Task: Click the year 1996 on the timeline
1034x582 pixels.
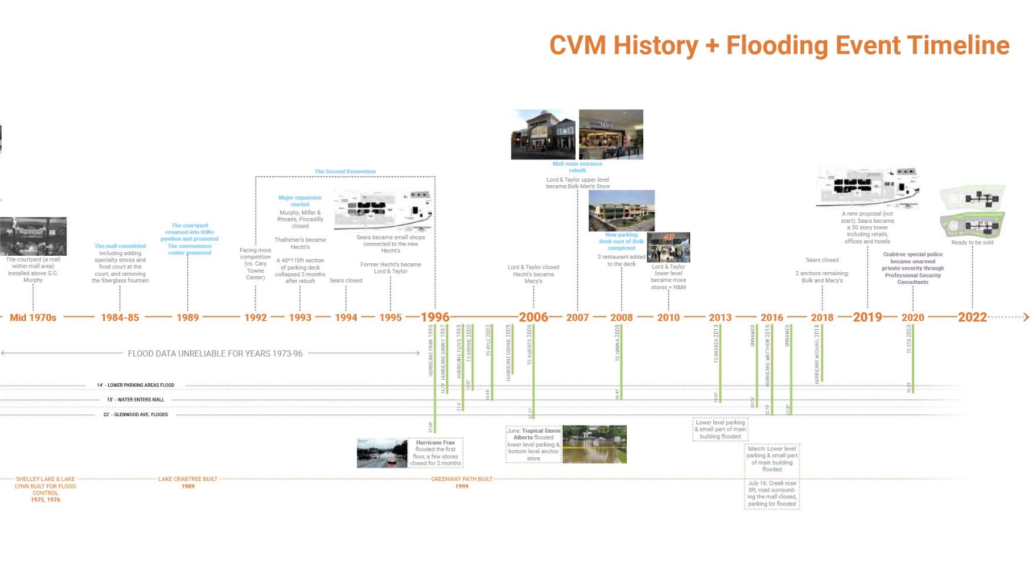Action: (x=435, y=317)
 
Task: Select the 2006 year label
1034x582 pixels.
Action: (x=533, y=317)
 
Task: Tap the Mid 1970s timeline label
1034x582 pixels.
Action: (x=33, y=317)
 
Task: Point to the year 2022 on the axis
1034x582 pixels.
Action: (x=972, y=317)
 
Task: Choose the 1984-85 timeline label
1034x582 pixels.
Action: (x=120, y=317)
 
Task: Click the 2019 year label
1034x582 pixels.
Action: (x=867, y=317)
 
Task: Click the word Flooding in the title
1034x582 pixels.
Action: (x=777, y=45)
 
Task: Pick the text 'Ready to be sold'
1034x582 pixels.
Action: (x=972, y=242)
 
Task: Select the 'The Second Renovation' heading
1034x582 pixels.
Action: (x=345, y=172)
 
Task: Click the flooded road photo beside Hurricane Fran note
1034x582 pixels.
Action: (x=382, y=453)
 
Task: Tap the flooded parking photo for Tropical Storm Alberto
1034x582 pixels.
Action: (x=595, y=444)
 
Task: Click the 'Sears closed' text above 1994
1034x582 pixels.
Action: (x=345, y=280)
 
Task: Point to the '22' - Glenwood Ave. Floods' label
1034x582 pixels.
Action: (x=136, y=414)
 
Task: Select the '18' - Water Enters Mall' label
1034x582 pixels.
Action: (x=136, y=400)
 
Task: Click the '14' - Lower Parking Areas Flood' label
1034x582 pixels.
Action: (x=136, y=385)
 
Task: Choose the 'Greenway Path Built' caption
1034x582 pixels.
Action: (x=462, y=479)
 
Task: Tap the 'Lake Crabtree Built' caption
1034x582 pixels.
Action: (x=187, y=479)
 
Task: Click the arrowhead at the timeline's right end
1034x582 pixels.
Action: (x=1026, y=317)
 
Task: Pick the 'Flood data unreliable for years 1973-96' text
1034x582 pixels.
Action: (x=215, y=353)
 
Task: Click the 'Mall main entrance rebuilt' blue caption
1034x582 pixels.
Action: (x=577, y=167)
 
